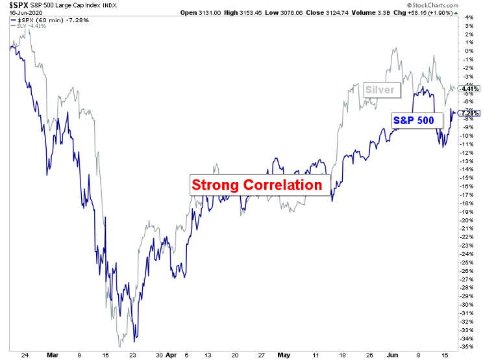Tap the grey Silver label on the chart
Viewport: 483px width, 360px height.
click(380, 90)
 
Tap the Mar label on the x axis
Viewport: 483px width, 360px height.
click(54, 355)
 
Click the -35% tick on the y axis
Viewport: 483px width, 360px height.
click(467, 347)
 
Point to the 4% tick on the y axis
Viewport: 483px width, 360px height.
click(470, 18)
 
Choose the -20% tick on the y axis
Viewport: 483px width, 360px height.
click(467, 220)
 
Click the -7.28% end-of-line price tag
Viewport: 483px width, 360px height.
click(469, 113)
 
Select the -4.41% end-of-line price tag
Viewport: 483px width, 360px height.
click(469, 88)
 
